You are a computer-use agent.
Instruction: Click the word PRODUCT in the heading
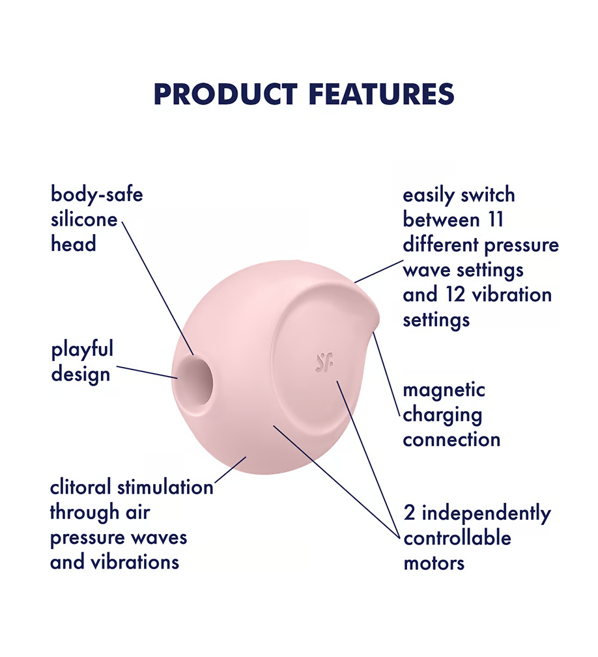coord(226,94)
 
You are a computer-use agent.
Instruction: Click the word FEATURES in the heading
coord(382,94)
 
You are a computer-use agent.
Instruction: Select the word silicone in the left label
coord(84,219)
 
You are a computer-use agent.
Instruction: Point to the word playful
coord(82,350)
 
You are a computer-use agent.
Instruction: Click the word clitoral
coord(81,487)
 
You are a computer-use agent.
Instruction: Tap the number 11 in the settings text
coord(495,220)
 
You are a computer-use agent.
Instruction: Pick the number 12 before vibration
coord(455,295)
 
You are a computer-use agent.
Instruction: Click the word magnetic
coord(444,390)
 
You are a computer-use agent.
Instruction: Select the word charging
coord(442,416)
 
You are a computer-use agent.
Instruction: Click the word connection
coord(451,440)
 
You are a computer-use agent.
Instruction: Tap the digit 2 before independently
coord(409,513)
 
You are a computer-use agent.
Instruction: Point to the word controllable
coord(457,538)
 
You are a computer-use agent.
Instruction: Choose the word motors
coord(434,563)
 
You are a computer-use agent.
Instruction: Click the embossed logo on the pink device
coord(325,362)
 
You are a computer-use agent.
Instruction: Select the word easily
coord(429,196)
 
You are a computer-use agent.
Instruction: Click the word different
coord(440,245)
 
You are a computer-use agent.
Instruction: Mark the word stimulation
coord(165,487)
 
